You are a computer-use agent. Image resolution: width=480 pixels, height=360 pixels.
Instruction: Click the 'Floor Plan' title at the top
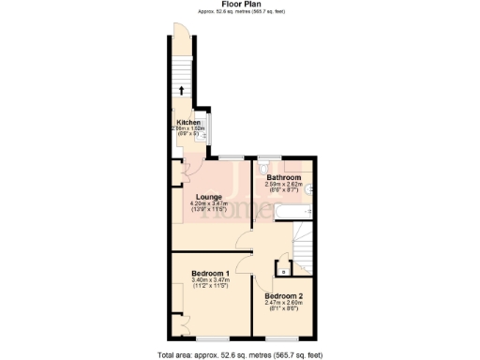click(x=240, y=4)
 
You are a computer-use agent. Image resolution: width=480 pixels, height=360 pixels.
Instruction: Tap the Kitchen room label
click(x=188, y=123)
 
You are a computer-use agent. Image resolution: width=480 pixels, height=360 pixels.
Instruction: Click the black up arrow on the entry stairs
click(x=182, y=91)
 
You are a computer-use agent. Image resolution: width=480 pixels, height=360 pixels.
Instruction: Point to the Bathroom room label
click(x=283, y=177)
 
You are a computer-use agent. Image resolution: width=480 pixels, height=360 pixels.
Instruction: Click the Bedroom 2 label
click(x=283, y=295)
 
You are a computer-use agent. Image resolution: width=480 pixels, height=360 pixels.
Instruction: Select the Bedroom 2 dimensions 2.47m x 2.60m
click(x=283, y=303)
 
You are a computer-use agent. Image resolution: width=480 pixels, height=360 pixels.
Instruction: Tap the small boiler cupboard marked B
click(x=282, y=272)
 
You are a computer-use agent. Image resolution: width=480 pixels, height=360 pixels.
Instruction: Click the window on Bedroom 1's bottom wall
click(x=209, y=335)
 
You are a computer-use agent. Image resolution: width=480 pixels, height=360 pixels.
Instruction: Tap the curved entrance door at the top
click(x=185, y=37)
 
